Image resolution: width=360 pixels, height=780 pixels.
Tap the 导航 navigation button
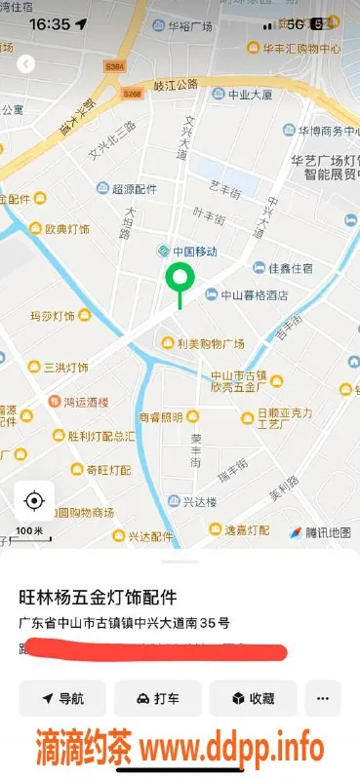click(62, 698)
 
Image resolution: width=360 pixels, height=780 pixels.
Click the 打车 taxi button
click(157, 698)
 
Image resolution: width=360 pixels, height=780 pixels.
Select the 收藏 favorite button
click(252, 698)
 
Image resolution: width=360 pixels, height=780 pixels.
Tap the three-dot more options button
click(323, 698)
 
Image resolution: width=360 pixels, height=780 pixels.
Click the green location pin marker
click(179, 280)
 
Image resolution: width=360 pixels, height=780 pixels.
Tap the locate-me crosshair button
click(34, 501)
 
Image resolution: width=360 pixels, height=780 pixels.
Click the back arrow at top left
click(26, 63)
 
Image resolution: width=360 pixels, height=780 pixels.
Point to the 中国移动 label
click(188, 251)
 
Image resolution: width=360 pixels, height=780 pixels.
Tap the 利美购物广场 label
click(210, 343)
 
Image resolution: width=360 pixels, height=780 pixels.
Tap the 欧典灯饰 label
click(67, 229)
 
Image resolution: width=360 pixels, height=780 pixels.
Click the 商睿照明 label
click(161, 416)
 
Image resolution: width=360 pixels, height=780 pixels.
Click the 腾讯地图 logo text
click(327, 532)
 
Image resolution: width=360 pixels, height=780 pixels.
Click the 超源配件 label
click(133, 188)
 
